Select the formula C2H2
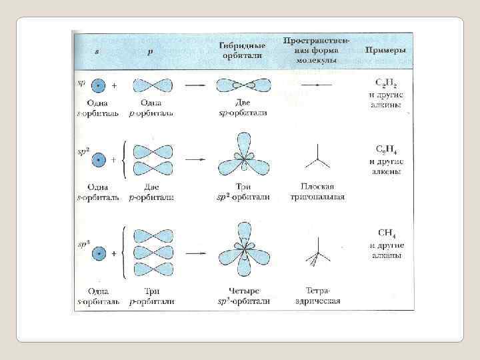(385, 83)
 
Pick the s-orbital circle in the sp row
(98, 86)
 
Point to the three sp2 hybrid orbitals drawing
(244, 159)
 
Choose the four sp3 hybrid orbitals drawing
(244, 252)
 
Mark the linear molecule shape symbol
(317, 86)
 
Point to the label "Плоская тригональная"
(317, 191)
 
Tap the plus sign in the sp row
(114, 86)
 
